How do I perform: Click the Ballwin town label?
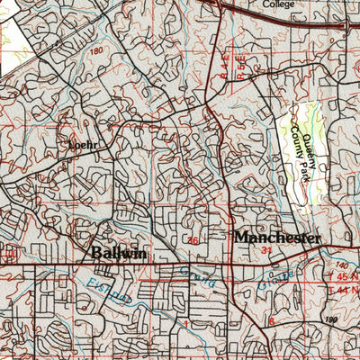119,253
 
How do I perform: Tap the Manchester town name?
277,238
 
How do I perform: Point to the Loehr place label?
80,143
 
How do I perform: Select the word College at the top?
278,4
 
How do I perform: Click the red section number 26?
193,240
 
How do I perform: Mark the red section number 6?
270,321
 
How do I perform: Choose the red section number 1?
185,320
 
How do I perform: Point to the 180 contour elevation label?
96,51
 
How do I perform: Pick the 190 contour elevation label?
330,319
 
